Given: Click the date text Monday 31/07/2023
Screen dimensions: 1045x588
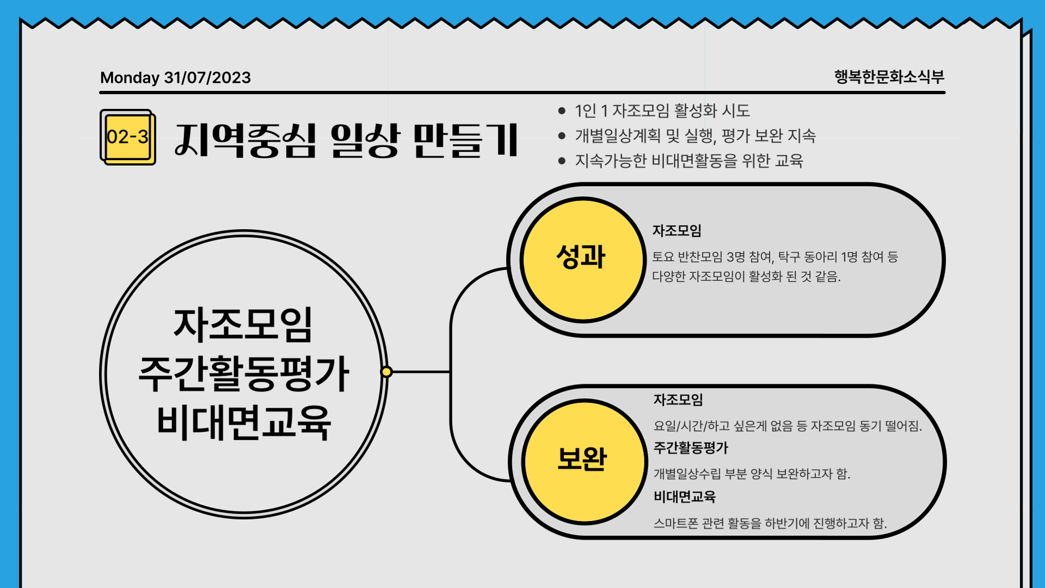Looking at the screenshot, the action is [x=175, y=78].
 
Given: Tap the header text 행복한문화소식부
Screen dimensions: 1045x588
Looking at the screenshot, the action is [x=889, y=77].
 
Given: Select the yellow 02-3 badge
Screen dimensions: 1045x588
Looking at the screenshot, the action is [x=128, y=137].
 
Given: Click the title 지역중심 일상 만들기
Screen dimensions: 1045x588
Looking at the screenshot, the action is [x=346, y=140].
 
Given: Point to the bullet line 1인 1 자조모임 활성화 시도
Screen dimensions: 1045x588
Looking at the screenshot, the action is [x=662, y=111].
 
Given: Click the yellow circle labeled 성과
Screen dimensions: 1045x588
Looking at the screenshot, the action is [x=583, y=260].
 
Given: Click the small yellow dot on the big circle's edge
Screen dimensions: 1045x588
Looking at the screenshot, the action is [x=386, y=372].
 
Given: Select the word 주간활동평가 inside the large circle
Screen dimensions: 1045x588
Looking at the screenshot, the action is [x=243, y=374].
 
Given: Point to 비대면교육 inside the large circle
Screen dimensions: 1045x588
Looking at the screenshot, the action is [x=243, y=422].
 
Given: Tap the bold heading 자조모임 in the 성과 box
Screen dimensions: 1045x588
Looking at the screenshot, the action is [x=677, y=231].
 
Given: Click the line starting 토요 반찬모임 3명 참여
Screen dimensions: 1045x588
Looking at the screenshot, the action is [x=775, y=257].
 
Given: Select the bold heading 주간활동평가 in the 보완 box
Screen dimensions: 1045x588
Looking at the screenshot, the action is [x=691, y=448].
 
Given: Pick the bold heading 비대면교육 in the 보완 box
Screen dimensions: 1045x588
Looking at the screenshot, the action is [x=685, y=497].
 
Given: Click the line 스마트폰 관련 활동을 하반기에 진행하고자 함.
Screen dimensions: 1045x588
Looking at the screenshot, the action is [x=770, y=523].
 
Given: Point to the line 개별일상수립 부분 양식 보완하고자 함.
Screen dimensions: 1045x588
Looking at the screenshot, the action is [x=752, y=474].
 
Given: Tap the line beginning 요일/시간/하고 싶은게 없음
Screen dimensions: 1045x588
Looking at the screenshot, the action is [x=788, y=426].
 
